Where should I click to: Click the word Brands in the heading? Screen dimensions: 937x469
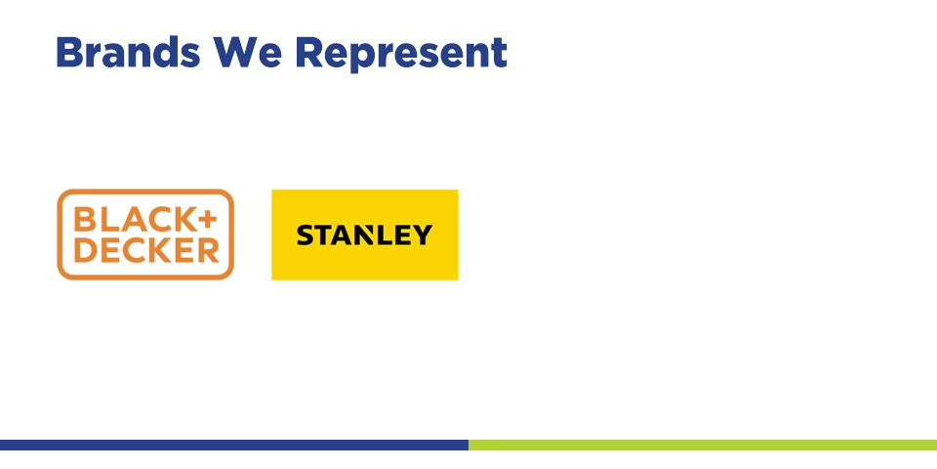click(128, 52)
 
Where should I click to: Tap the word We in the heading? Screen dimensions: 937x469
click(247, 52)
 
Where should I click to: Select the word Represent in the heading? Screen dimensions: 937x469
click(401, 54)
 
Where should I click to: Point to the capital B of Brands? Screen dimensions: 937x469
click(67, 52)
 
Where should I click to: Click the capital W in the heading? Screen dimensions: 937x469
click(235, 52)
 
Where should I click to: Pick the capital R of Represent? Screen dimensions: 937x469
click(308, 52)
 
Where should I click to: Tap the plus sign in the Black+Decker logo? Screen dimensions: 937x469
click(206, 220)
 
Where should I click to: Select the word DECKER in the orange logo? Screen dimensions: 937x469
click(146, 249)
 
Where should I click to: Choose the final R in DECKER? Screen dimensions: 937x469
click(208, 249)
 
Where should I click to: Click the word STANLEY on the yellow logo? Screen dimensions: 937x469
click(364, 235)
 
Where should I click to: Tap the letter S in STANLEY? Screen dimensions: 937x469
click(306, 235)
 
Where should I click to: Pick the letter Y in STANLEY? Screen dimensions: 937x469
click(422, 235)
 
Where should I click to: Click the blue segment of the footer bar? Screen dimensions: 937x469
click(234, 446)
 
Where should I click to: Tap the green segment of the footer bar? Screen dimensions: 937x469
click(703, 446)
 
